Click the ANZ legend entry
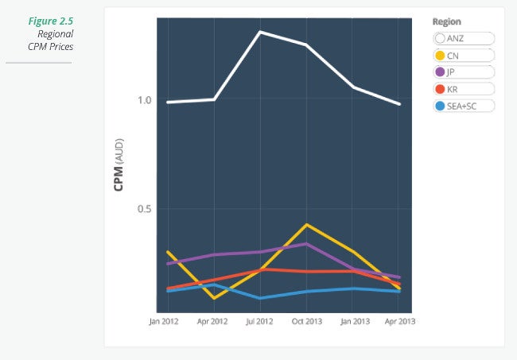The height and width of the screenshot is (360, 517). (464, 38)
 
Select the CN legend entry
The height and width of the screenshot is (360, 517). (464, 56)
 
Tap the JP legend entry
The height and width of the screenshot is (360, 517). (464, 72)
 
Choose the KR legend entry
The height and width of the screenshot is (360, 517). (464, 89)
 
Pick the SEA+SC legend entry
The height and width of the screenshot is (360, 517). (464, 106)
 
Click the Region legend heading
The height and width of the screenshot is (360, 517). (446, 21)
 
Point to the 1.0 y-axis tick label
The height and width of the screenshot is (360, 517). (143, 100)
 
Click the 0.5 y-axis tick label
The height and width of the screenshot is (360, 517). (143, 209)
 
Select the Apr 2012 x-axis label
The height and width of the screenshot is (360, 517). (213, 322)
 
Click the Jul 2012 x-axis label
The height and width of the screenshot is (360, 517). (259, 322)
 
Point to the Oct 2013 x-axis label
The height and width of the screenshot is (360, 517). (306, 322)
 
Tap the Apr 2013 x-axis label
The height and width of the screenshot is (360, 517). (399, 322)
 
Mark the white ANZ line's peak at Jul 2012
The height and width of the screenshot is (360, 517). (259, 32)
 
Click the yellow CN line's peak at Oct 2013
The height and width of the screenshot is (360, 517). (306, 225)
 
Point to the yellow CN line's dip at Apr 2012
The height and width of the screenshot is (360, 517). (213, 298)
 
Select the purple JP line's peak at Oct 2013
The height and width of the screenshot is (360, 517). (306, 244)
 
